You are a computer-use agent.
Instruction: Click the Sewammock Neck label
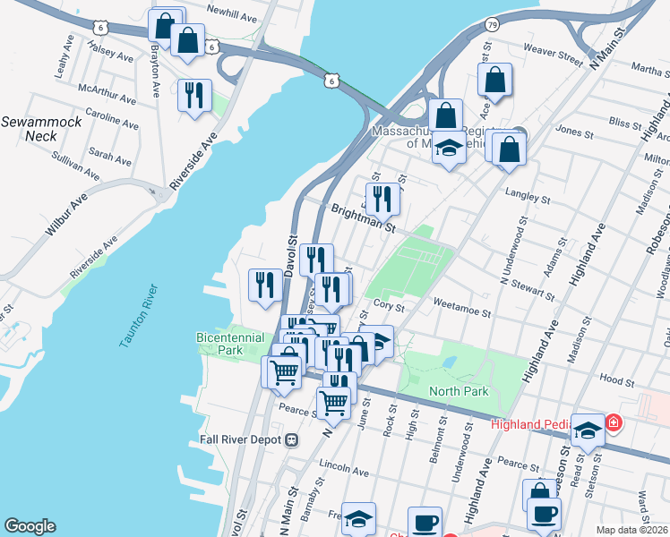tap(29, 128)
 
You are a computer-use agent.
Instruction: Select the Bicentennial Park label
tap(230, 344)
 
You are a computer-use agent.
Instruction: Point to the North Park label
tap(459, 391)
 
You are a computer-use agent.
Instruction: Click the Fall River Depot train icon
tap(292, 439)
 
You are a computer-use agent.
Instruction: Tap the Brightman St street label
tap(363, 217)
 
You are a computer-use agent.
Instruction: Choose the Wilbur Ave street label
tap(67, 216)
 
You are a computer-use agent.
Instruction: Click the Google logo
tap(30, 526)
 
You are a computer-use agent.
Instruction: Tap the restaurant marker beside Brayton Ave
tap(194, 94)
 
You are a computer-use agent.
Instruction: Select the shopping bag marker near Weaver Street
tap(494, 80)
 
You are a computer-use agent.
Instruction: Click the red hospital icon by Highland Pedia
tap(614, 422)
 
